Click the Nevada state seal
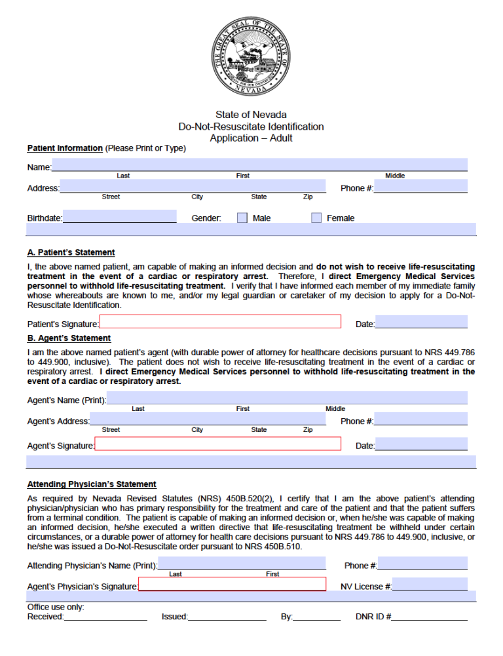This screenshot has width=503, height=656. pyautogui.click(x=251, y=58)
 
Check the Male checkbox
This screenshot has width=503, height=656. pyautogui.click(x=242, y=218)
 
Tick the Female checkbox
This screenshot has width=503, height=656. pyautogui.click(x=316, y=218)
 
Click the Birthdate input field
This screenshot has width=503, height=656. pyautogui.click(x=119, y=216)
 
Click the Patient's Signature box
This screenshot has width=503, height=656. pyautogui.click(x=220, y=322)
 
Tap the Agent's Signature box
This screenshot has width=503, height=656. pyautogui.click(x=218, y=444)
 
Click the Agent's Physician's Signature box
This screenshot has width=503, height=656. pyautogui.click(x=232, y=584)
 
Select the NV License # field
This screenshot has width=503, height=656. pyautogui.click(x=430, y=585)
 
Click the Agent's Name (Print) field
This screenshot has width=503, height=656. pyautogui.click(x=287, y=398)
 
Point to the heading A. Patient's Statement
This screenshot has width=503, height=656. pyautogui.click(x=71, y=252)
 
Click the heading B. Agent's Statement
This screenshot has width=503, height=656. pyautogui.click(x=69, y=338)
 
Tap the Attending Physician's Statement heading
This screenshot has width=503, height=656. pyautogui.click(x=92, y=484)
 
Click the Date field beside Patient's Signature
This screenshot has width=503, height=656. pyautogui.click(x=421, y=322)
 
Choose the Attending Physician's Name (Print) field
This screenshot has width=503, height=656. pyautogui.click(x=242, y=563)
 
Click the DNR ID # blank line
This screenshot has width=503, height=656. pyautogui.click(x=430, y=616)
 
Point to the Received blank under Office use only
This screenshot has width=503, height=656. pyautogui.click(x=105, y=616)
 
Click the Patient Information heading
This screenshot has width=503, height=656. pyautogui.click(x=65, y=148)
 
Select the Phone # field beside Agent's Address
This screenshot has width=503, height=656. pyautogui.click(x=420, y=419)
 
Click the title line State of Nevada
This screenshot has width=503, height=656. pyautogui.click(x=251, y=115)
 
